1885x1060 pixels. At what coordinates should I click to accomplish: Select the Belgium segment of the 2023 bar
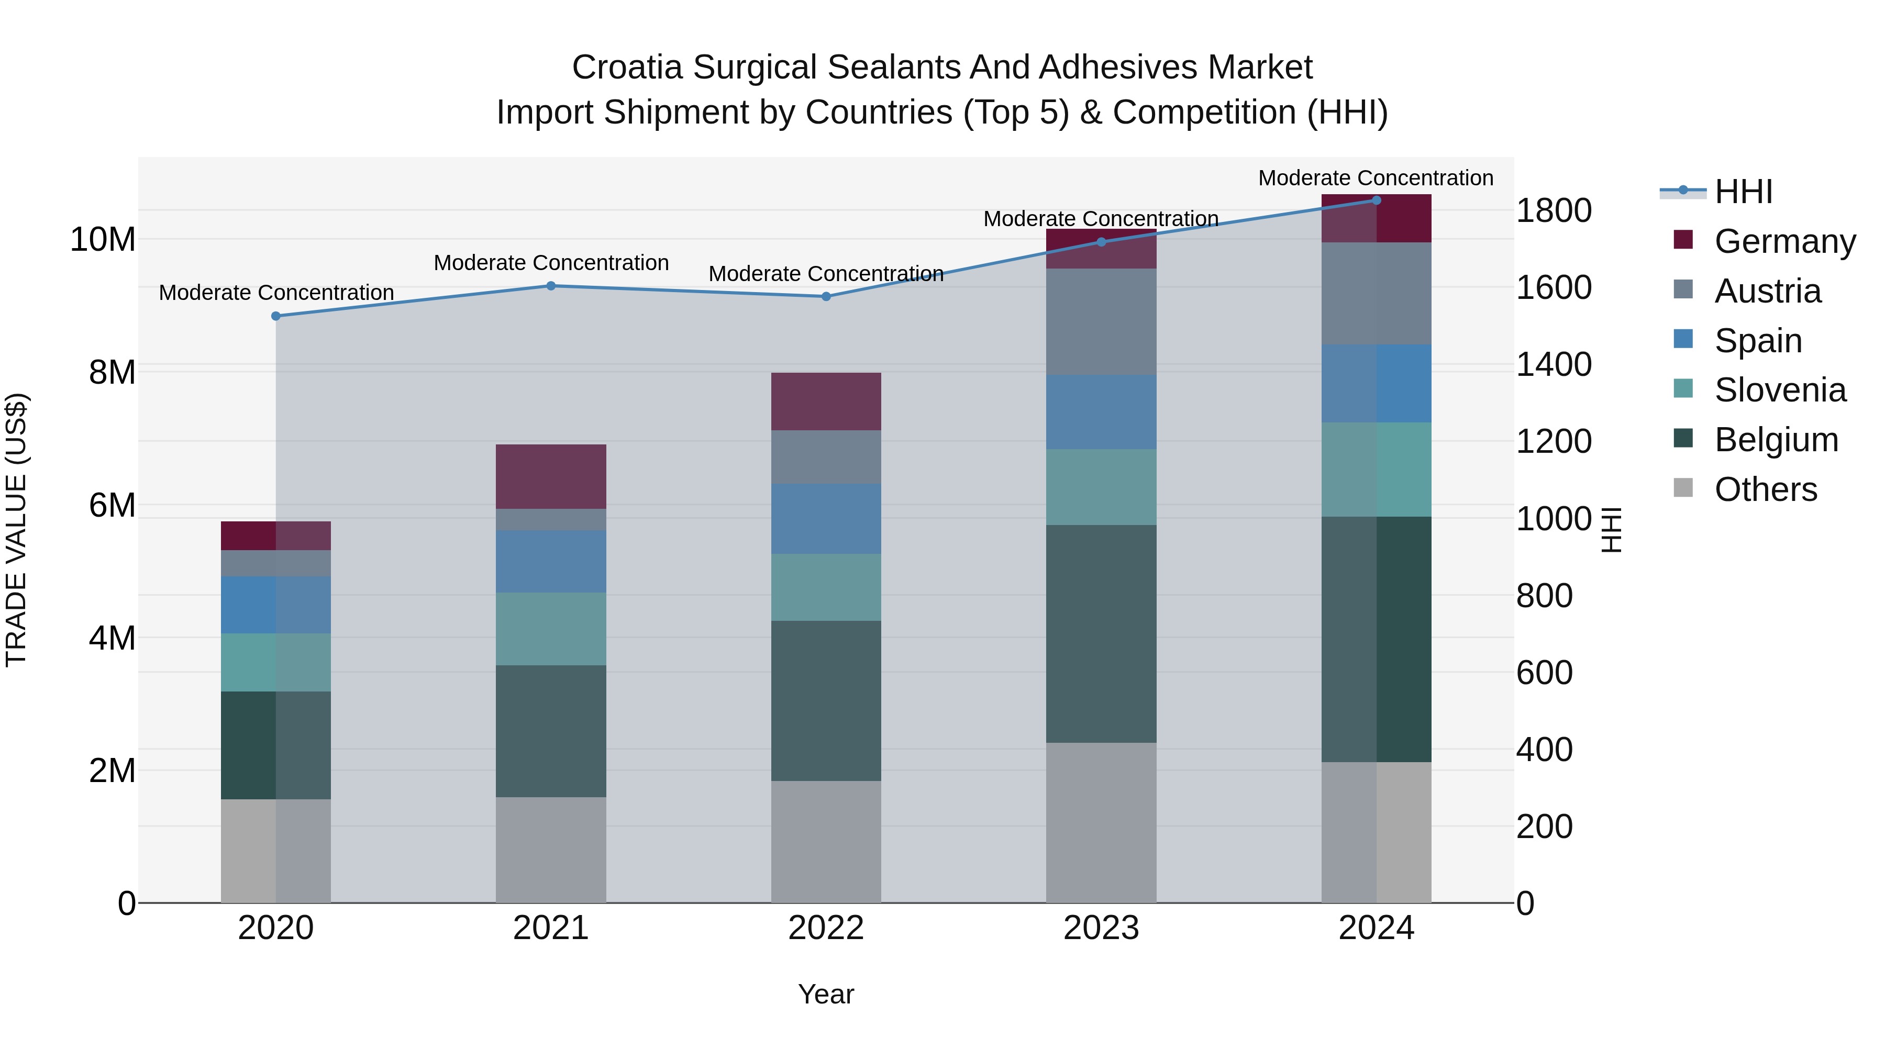point(1101,633)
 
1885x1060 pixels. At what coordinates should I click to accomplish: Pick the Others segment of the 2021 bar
point(551,850)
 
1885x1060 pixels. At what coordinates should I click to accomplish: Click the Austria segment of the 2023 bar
point(1101,322)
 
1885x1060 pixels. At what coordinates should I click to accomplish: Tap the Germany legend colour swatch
point(1683,240)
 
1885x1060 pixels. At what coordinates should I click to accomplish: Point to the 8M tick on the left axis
point(112,372)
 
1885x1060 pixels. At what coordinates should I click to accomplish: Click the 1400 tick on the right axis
point(1553,364)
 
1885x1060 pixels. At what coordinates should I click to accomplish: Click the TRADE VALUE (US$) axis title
point(16,530)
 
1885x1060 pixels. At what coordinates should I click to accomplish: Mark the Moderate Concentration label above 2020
point(276,293)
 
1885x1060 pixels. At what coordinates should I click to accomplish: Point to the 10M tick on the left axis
point(103,239)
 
